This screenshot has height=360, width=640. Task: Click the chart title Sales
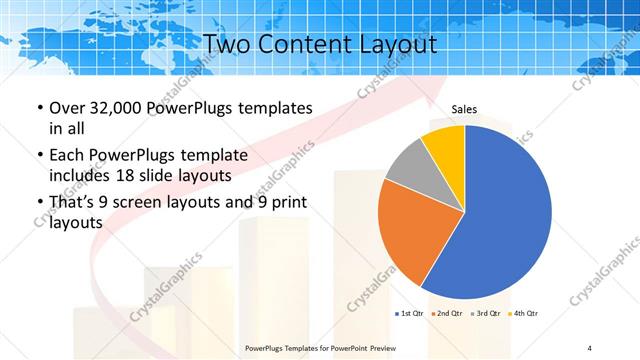click(x=464, y=109)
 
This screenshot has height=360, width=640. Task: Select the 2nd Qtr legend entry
click(x=448, y=314)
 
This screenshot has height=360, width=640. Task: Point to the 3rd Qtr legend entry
click(x=487, y=314)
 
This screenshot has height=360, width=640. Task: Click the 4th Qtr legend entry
click(x=524, y=314)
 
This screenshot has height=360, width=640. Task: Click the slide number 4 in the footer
click(x=590, y=348)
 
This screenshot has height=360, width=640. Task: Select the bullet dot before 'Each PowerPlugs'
click(x=39, y=156)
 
